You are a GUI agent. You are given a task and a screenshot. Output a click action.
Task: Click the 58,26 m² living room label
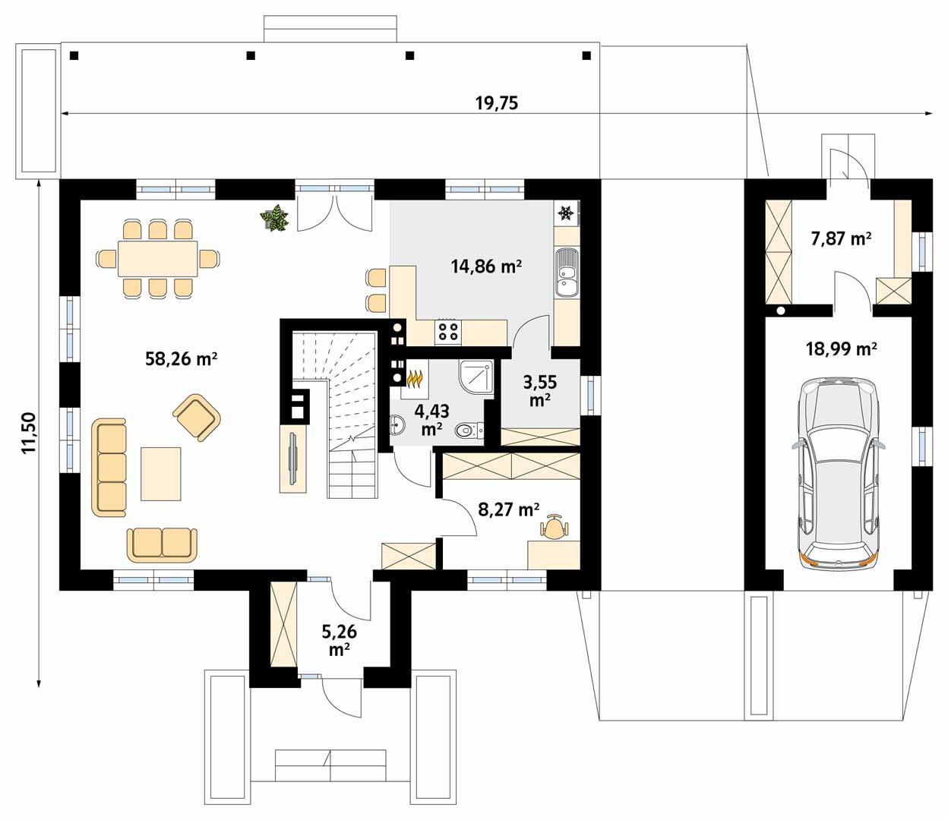tap(182, 358)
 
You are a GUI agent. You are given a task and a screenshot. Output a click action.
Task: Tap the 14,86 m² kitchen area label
tap(486, 266)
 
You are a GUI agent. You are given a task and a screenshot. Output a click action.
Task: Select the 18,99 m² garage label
tap(841, 348)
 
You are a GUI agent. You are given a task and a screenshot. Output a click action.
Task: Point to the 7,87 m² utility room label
tap(841, 238)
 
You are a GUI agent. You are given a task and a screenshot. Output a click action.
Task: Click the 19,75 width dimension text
tap(497, 103)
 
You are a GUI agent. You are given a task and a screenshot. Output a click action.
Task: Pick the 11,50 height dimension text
tap(29, 433)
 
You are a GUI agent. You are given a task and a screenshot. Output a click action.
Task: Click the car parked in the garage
tap(839, 473)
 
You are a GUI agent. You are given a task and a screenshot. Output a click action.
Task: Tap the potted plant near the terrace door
tap(274, 219)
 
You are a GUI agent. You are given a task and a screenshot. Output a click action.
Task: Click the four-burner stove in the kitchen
tap(447, 331)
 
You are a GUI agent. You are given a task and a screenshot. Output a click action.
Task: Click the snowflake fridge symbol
tap(565, 213)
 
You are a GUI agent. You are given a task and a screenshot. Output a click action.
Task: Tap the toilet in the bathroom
tap(470, 431)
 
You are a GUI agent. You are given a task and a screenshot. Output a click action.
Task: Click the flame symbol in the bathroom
tap(414, 377)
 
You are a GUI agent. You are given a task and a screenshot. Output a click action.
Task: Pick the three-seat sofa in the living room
tap(110, 466)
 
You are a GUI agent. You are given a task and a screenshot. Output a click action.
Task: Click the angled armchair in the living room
tap(197, 416)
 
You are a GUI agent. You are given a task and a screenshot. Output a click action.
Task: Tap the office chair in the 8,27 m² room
tap(554, 527)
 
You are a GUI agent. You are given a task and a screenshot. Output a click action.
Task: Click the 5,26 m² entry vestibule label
tap(340, 640)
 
